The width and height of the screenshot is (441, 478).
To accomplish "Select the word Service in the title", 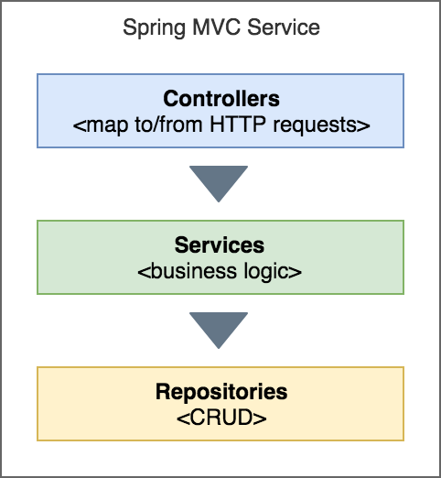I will tap(283, 29).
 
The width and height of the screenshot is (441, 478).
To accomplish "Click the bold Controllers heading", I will tap(220, 99).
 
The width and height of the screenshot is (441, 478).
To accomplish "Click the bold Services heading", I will tap(220, 245).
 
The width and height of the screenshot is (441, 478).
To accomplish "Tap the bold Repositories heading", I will tap(220, 393).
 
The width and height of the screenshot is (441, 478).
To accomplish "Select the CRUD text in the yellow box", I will tap(220, 418).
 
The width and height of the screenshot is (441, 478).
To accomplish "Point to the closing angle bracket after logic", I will tap(297, 272).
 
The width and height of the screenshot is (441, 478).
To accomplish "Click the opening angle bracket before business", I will tap(144, 272).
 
